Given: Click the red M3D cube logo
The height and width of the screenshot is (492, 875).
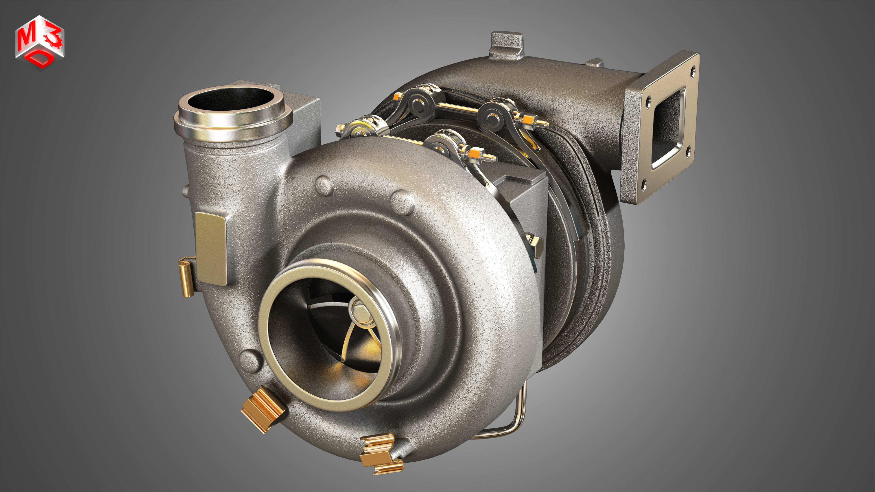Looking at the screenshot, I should point(40,42).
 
